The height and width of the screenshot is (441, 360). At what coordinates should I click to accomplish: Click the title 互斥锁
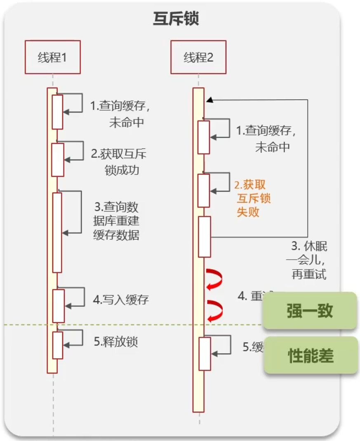point(176,19)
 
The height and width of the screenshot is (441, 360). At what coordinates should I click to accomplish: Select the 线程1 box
point(52,57)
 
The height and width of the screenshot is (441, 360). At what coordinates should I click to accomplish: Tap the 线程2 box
point(198,57)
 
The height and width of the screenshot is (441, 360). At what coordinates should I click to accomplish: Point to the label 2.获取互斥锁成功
point(119,162)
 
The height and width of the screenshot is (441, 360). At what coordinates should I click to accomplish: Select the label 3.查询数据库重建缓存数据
point(117,220)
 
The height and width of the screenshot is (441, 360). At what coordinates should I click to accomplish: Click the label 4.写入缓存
point(121,300)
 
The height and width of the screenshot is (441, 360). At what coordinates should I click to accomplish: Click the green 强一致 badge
point(310,311)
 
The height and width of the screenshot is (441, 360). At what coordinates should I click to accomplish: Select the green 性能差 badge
point(311,355)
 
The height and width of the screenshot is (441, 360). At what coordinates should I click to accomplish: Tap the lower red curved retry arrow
point(215,310)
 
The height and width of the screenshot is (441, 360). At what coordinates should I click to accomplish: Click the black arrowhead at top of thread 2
point(210,100)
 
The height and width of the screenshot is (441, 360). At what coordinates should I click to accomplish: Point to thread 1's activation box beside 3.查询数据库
point(57,232)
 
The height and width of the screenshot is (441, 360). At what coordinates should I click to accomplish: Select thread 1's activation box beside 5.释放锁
point(58,345)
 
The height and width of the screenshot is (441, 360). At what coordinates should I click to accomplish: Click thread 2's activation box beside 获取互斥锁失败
point(204,190)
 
